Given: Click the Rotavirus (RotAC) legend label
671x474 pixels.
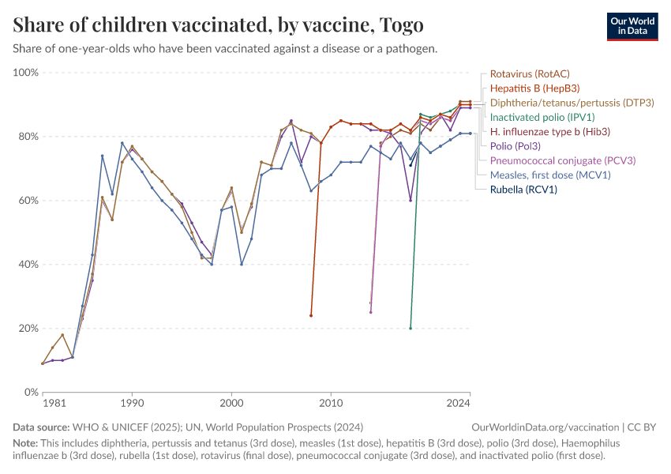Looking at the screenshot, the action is pyautogui.click(x=530, y=73).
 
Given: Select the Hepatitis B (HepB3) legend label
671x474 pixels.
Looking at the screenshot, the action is pyautogui.click(x=534, y=88).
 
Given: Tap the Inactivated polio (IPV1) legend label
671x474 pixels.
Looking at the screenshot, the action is pyautogui.click(x=542, y=118).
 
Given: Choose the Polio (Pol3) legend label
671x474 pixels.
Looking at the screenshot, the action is pyautogui.click(x=515, y=146).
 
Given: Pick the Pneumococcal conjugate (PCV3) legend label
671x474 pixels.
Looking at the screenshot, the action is pyautogui.click(x=563, y=160).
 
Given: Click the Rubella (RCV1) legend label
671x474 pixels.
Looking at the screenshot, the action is pyautogui.click(x=523, y=190).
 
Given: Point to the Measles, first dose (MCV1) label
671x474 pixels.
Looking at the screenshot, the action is pyautogui.click(x=550, y=175).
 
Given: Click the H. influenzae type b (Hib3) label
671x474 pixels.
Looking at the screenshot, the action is pyautogui.click(x=550, y=131).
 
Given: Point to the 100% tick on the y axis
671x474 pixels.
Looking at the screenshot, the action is pyautogui.click(x=26, y=73).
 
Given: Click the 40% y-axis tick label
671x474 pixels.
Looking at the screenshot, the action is pyautogui.click(x=28, y=264).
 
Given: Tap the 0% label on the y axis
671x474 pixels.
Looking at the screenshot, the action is pyautogui.click(x=32, y=392).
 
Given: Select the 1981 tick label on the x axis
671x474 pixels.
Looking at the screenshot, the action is pyautogui.click(x=54, y=404).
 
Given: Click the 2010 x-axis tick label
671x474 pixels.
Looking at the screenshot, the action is pyautogui.click(x=331, y=404).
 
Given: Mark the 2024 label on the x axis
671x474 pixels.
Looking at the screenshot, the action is pyautogui.click(x=458, y=404).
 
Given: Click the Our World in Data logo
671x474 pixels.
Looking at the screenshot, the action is pyautogui.click(x=632, y=27).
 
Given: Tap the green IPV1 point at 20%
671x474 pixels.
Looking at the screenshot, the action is pyautogui.click(x=410, y=329).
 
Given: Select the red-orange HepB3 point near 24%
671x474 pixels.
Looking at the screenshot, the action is pyautogui.click(x=311, y=315).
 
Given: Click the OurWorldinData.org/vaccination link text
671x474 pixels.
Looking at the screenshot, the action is pyautogui.click(x=545, y=427).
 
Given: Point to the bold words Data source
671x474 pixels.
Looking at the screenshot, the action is pyautogui.click(x=41, y=427).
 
